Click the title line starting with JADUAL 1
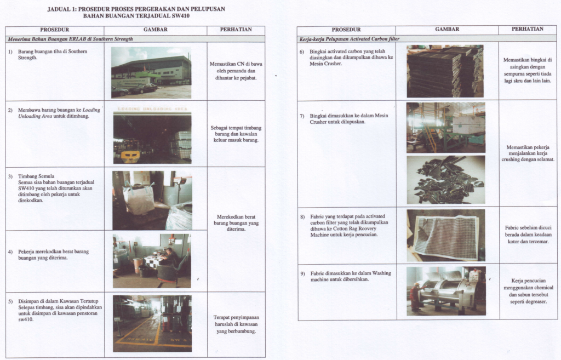[135, 9]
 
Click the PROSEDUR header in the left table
[54, 30]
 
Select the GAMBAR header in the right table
[446, 29]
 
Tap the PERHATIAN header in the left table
[236, 30]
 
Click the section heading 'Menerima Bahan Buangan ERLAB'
[70, 39]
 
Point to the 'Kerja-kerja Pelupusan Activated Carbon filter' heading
[350, 39]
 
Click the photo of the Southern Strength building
[151, 72]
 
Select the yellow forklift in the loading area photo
[130, 156]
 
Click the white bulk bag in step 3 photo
[139, 199]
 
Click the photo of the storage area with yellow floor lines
[152, 323]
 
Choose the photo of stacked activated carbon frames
[445, 71]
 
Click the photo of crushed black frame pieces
[445, 180]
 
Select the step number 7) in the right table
[302, 116]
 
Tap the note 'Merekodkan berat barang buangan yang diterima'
[236, 222]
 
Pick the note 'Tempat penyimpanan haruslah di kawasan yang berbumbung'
[236, 324]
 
